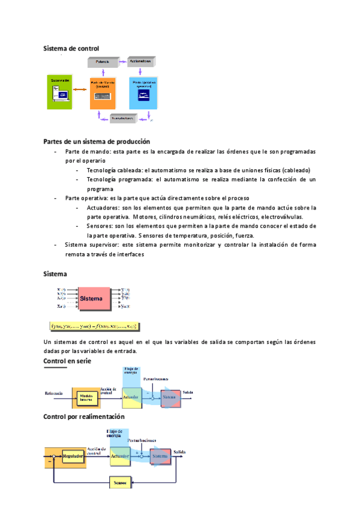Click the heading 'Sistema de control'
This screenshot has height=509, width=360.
[x=71, y=48]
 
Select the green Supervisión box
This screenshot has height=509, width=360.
[x=59, y=92]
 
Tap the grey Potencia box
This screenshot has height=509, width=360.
[x=104, y=62]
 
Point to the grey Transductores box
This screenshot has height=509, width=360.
[x=129, y=119]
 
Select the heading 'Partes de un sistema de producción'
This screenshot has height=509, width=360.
[x=97, y=141]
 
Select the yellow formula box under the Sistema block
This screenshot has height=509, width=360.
[x=95, y=327]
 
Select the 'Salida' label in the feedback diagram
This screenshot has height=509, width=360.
[x=179, y=451]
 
